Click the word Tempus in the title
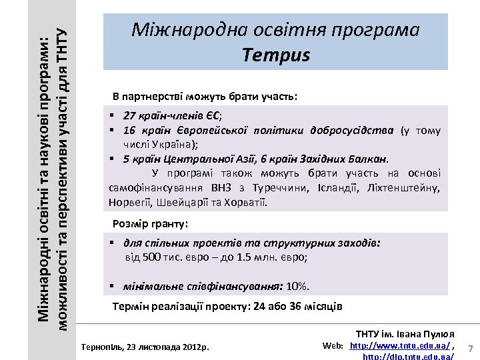click(276, 55)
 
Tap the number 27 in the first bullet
click(128, 114)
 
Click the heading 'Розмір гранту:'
click(151, 224)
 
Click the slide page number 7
click(471, 349)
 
